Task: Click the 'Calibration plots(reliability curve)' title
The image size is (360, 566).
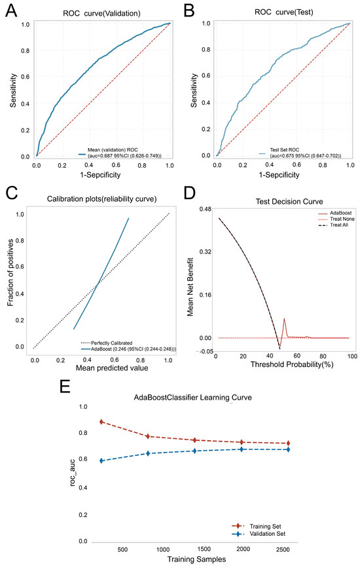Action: (100, 200)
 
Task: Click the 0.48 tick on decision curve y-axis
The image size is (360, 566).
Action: (205, 209)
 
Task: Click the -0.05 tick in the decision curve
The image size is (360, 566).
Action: (204, 351)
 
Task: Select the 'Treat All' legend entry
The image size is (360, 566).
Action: (337, 235)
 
